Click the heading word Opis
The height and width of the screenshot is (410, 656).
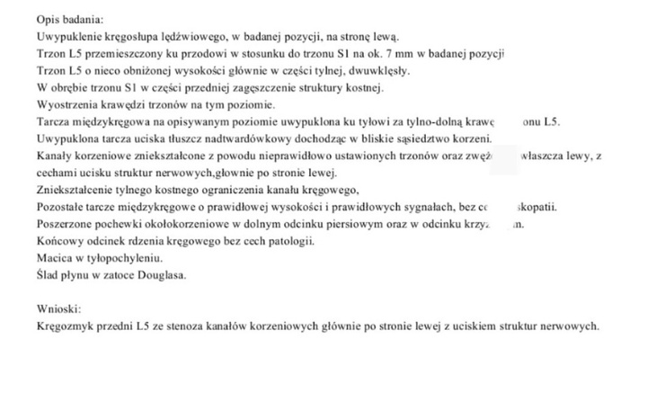tap(49, 20)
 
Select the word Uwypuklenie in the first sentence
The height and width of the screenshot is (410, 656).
tap(67, 37)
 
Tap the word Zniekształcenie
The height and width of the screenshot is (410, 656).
tap(76, 190)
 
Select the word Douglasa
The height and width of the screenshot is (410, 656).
tap(161, 275)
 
